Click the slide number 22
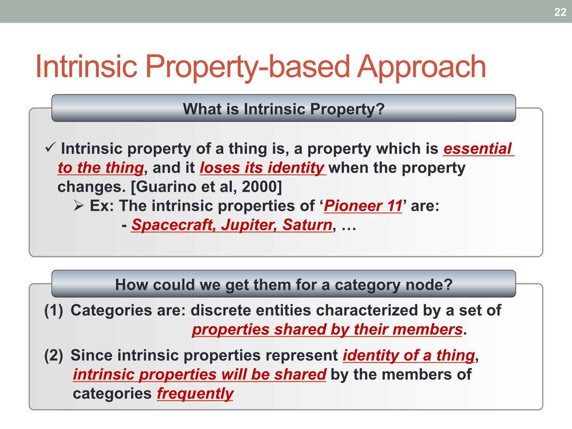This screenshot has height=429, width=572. (560, 12)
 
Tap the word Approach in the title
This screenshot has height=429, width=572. (421, 67)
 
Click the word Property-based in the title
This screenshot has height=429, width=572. (247, 67)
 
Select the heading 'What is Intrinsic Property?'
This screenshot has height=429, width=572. (284, 109)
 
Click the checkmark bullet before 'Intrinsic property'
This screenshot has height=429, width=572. (50, 147)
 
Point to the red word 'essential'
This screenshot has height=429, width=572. (477, 148)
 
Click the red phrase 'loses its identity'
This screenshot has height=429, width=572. (262, 167)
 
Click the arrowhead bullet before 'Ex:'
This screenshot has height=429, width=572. (79, 206)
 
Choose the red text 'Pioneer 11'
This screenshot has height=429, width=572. (363, 206)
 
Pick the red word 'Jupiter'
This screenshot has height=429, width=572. (249, 225)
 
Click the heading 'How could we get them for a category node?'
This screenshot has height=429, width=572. (284, 285)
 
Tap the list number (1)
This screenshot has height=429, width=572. (54, 310)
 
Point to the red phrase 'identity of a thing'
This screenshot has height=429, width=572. (409, 355)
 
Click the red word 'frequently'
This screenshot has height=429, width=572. (195, 394)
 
